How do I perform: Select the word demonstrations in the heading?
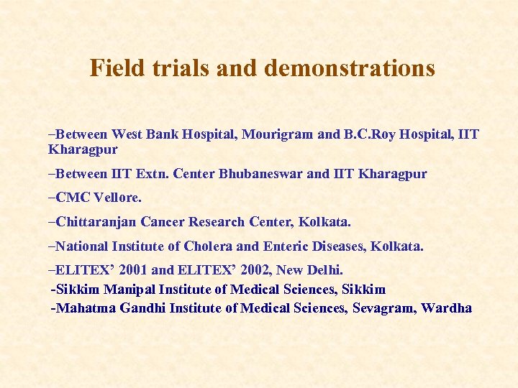(350, 68)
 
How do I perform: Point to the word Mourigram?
(277, 134)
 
